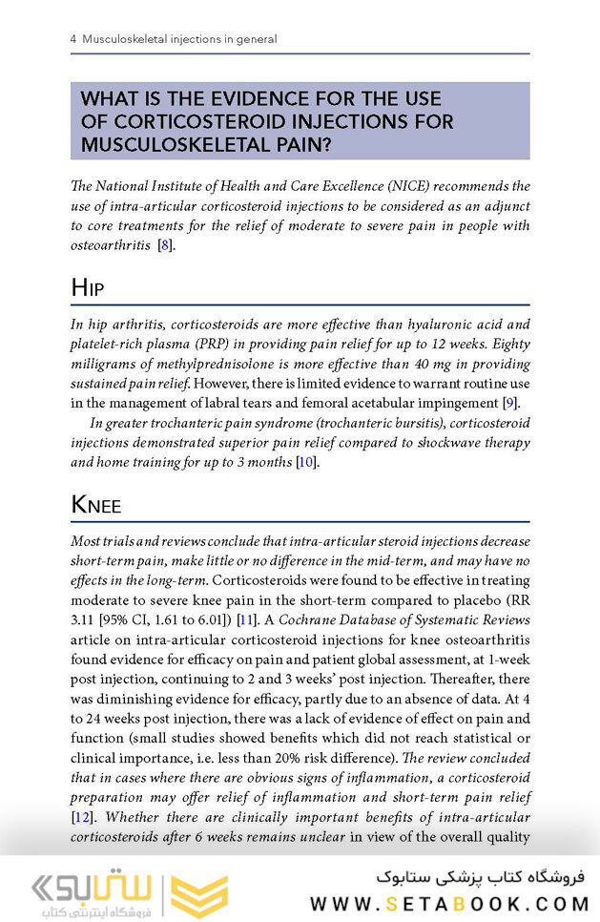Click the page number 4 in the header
click(73, 40)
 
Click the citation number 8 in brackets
click(164, 246)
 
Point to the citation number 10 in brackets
click(304, 463)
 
